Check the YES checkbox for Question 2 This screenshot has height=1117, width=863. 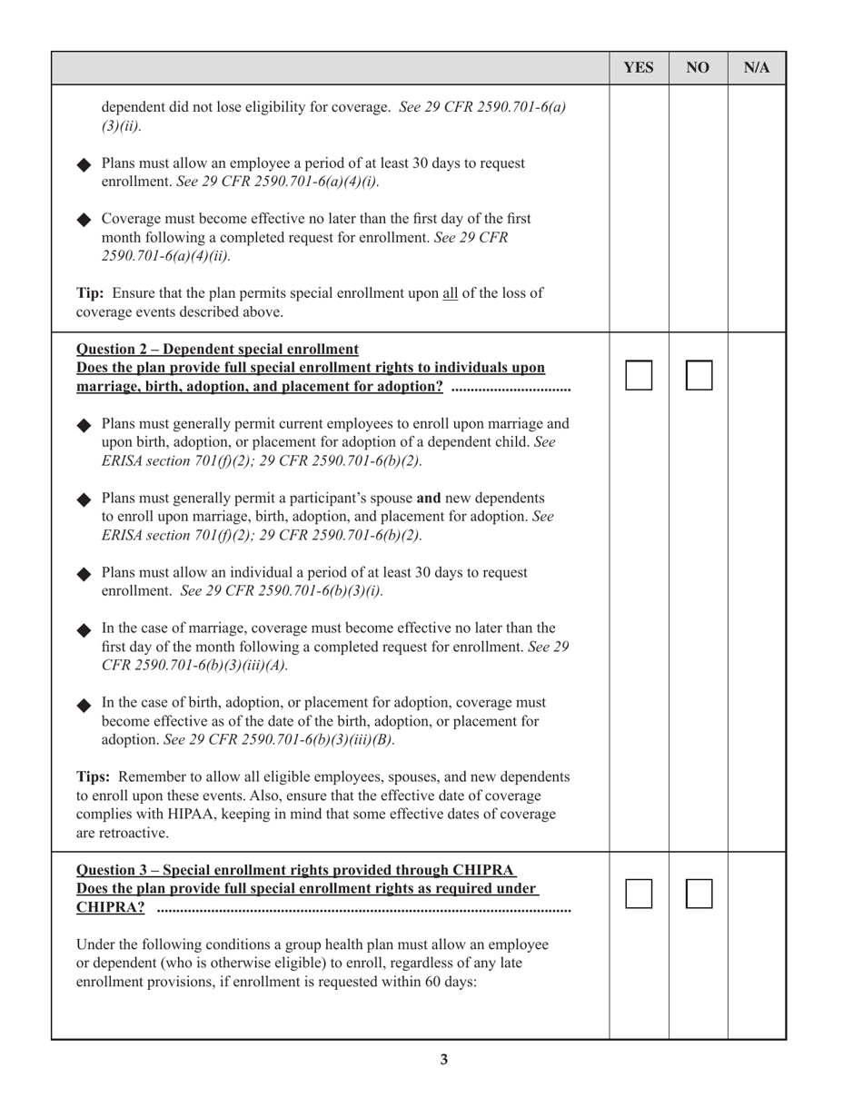click(x=639, y=375)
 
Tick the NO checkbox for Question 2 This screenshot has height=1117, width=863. click(x=699, y=375)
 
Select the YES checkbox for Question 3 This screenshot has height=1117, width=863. click(x=639, y=895)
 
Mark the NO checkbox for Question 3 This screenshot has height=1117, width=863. click(x=699, y=895)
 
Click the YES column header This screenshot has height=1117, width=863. click(x=639, y=68)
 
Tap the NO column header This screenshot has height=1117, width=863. click(x=698, y=68)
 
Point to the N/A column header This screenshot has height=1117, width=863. click(x=757, y=68)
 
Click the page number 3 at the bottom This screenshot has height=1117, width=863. click(x=443, y=1060)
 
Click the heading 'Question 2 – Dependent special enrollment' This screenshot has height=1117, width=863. click(x=217, y=350)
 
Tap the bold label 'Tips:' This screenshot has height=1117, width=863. click(x=94, y=777)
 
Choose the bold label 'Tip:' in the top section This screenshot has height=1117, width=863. click(x=91, y=293)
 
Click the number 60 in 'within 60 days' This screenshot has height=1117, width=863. click(x=434, y=982)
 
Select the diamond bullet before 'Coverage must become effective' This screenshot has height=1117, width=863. click(x=84, y=220)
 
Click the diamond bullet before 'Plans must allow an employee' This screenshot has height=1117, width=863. click(x=84, y=164)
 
